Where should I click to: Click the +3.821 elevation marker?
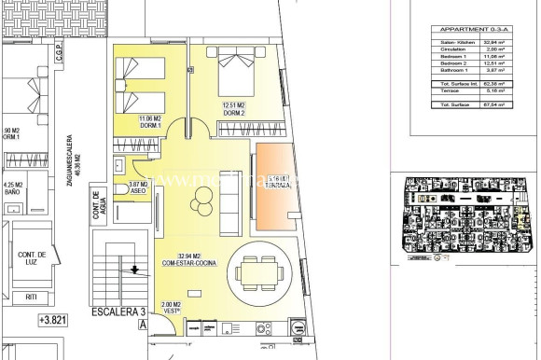55,320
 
